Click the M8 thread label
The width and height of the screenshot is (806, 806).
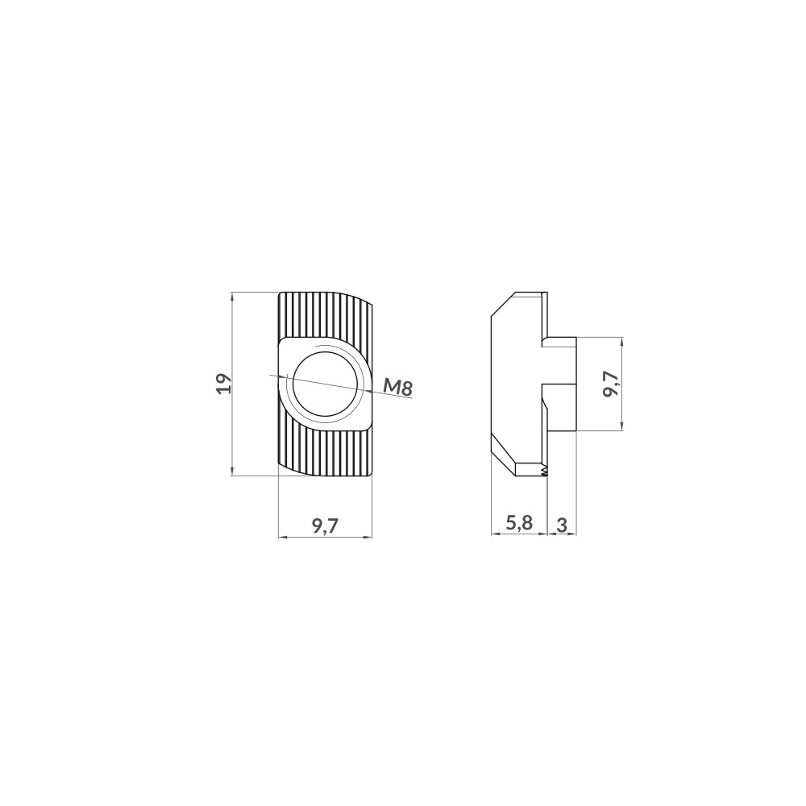pos(397,388)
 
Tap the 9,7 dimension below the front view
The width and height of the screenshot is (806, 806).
pos(325,526)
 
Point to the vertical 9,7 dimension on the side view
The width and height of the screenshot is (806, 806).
pos(610,384)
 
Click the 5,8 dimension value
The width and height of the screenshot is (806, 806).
pos(518,523)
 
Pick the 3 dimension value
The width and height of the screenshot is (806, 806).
pos(562,525)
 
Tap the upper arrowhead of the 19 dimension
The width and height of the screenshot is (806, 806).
pos(233,296)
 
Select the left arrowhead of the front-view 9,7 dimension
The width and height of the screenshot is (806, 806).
pos(281,536)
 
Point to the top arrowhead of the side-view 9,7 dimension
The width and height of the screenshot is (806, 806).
pos(623,341)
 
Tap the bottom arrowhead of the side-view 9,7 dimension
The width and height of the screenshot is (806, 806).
pos(623,426)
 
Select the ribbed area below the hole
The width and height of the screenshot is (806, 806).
pos(326,451)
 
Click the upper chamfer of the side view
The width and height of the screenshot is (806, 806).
pos(505,304)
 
